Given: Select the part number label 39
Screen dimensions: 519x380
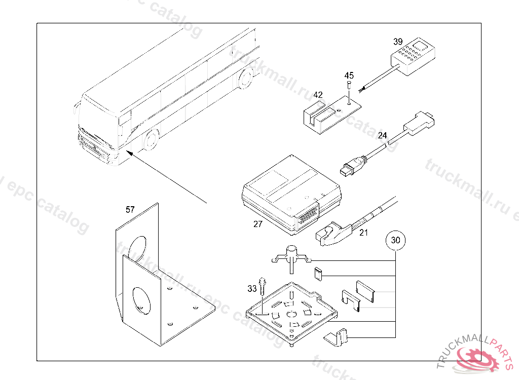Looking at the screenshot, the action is (398, 41).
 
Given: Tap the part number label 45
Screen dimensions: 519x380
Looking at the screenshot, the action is (349, 75).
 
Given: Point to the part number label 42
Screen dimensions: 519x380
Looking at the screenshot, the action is (318, 95).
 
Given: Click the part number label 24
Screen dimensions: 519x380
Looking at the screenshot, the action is (382, 135).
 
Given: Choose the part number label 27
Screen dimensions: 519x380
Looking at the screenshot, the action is (258, 224).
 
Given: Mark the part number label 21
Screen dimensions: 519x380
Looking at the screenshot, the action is (363, 233).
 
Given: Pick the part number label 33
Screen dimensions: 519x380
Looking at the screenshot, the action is (252, 288).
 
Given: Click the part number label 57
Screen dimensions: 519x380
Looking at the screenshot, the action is (131, 209).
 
